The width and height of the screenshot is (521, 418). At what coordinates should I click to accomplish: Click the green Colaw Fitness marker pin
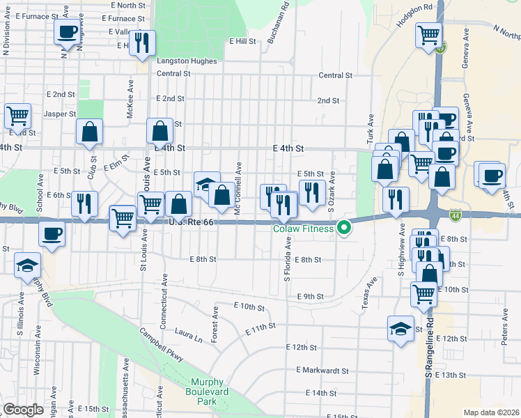(x=343, y=228)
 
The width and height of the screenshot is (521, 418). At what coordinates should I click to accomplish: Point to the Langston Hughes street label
(x=187, y=61)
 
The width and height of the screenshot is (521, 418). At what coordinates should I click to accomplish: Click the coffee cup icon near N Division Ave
(x=68, y=31)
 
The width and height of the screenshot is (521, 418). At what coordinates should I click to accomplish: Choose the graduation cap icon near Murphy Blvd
(x=27, y=265)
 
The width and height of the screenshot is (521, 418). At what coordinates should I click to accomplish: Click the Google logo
(x=23, y=410)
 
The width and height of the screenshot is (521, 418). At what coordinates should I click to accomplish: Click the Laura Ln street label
(x=188, y=335)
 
